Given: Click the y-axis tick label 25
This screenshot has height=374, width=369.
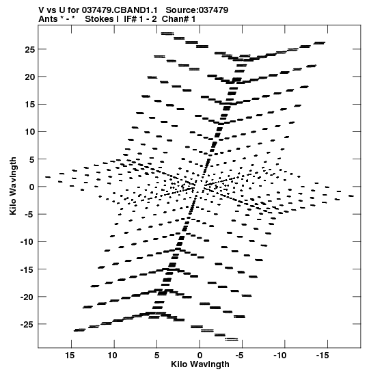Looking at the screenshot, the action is (x=30, y=50).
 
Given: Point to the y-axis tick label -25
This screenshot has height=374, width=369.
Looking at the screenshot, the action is (x=27, y=324).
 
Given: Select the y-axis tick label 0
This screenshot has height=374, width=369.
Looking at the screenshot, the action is (x=32, y=187).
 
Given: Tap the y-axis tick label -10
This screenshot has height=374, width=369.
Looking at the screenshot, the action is (x=27, y=242).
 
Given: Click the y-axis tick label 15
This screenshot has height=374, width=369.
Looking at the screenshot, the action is (x=30, y=105).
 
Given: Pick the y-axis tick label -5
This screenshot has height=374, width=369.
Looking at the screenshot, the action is (x=30, y=215).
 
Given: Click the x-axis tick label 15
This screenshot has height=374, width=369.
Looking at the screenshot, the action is (x=70, y=356).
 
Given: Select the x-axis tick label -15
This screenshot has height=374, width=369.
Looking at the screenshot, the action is (x=323, y=356).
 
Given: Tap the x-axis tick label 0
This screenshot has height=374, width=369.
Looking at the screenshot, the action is (x=200, y=356).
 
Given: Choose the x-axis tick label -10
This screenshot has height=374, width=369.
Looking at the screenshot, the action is (x=279, y=356).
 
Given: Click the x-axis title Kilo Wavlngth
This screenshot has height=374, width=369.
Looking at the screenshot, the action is (x=200, y=364).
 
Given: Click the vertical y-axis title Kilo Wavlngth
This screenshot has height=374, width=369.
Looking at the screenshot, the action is (x=13, y=186).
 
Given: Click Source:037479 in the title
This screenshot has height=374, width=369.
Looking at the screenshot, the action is (x=197, y=10).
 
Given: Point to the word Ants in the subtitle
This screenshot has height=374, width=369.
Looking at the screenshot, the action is (x=48, y=19).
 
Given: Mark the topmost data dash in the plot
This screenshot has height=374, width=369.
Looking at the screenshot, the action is (x=167, y=34).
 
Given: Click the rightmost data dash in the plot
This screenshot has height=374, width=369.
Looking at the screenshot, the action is (x=351, y=196).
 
